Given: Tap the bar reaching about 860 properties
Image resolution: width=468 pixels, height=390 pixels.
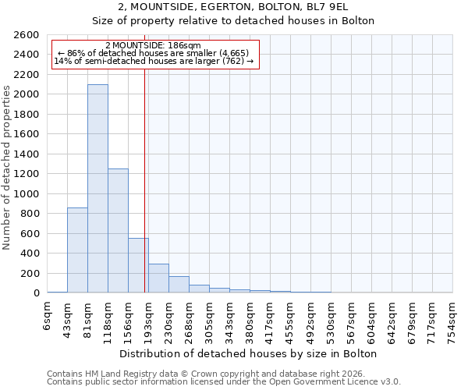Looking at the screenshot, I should point(77,250).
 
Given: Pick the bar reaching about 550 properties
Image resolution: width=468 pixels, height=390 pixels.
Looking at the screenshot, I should point(138,265).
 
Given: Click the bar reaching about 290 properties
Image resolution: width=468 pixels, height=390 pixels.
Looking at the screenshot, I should point(158,278).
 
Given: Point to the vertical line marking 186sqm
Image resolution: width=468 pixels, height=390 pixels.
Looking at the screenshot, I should point(145,179).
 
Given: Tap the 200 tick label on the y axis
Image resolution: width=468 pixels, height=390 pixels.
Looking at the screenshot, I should point(31,273).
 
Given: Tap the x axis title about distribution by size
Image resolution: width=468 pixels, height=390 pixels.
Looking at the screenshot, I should point(250,353).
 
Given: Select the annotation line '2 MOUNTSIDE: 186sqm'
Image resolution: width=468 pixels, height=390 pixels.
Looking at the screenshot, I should point(153,46).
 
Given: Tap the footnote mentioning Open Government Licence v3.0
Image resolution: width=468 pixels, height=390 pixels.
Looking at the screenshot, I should point(224,381).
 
